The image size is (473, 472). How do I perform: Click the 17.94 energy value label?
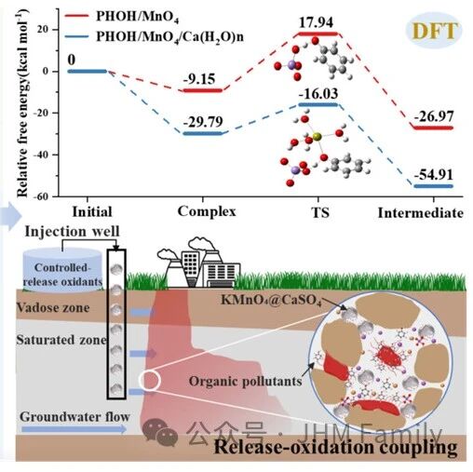[316, 22]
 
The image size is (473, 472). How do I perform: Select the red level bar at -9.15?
[203, 90]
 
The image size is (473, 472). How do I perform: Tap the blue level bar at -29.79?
[203, 133]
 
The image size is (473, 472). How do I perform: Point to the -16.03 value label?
[318, 93]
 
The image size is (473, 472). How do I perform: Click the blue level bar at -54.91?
[434, 186]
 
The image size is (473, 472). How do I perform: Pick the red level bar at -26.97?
[434, 128]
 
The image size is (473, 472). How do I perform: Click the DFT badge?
[434, 31]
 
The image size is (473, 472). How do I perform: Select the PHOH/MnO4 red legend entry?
[122, 16]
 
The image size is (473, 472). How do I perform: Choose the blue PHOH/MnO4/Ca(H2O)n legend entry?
[155, 36]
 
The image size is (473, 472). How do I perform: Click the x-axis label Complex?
[207, 211]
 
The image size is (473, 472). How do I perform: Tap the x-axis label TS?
[320, 213]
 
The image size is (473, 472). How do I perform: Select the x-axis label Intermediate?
[421, 213]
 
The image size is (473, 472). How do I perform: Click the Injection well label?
[72, 232]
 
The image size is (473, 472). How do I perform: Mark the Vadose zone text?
[53, 307]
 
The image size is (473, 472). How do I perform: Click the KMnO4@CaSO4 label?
[271, 300]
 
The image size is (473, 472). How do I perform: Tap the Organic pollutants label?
[245, 381]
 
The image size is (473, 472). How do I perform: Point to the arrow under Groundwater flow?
[74, 429]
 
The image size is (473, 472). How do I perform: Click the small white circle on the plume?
[150, 381]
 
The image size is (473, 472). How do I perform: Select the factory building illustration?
[198, 263]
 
